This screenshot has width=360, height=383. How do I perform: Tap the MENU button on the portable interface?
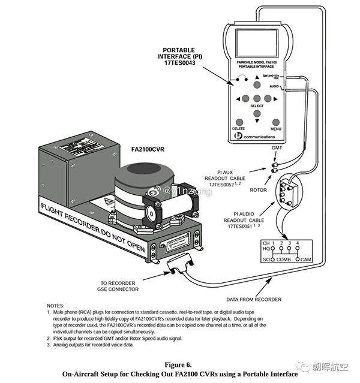(x=276, y=122)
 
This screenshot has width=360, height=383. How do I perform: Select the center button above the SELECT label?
(x=257, y=99)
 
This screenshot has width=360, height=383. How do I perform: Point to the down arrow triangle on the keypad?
(x=257, y=113)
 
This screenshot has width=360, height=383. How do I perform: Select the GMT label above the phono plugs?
(x=277, y=147)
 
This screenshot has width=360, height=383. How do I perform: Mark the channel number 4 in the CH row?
(x=297, y=243)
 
